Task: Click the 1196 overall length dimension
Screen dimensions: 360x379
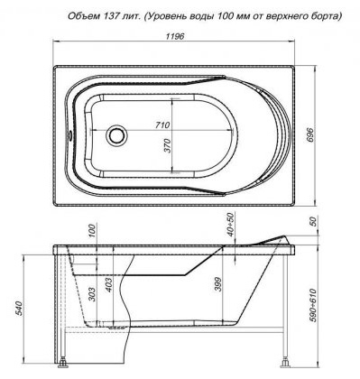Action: point(175,36)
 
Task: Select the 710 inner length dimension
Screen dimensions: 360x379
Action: point(162,125)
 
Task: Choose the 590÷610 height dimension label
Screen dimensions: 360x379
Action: point(312,304)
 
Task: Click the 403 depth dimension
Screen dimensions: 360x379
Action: point(108,284)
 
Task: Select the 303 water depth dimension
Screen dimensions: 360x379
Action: point(92,294)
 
